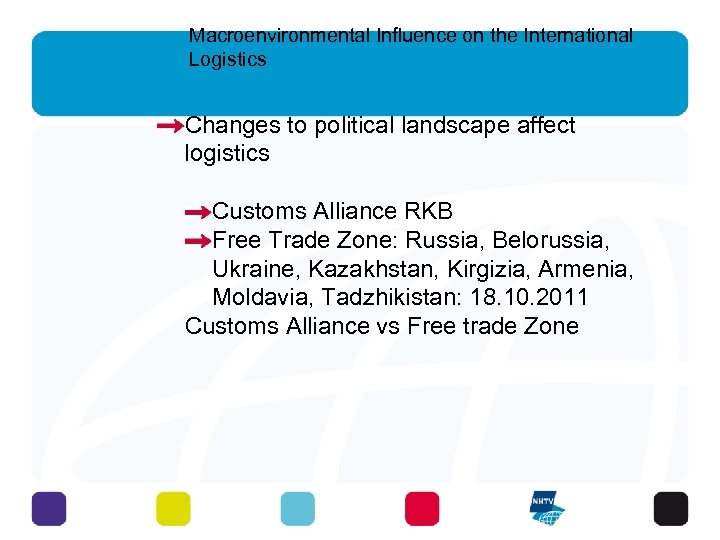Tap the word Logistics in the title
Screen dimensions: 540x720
pyautogui.click(x=227, y=60)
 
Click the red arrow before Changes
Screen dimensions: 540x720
pyautogui.click(x=170, y=126)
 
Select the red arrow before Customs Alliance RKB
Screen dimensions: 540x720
pyautogui.click(x=198, y=212)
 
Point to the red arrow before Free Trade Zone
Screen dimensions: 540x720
pyautogui.click(x=198, y=241)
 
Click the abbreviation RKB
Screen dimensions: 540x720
pyautogui.click(x=428, y=212)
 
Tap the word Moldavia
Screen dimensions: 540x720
pyautogui.click(x=256, y=298)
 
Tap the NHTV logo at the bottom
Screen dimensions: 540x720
pyautogui.click(x=547, y=508)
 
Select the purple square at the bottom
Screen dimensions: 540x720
pyautogui.click(x=48, y=508)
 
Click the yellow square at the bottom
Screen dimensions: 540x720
pyautogui.click(x=173, y=508)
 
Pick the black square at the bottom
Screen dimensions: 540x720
pyautogui.click(x=671, y=508)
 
